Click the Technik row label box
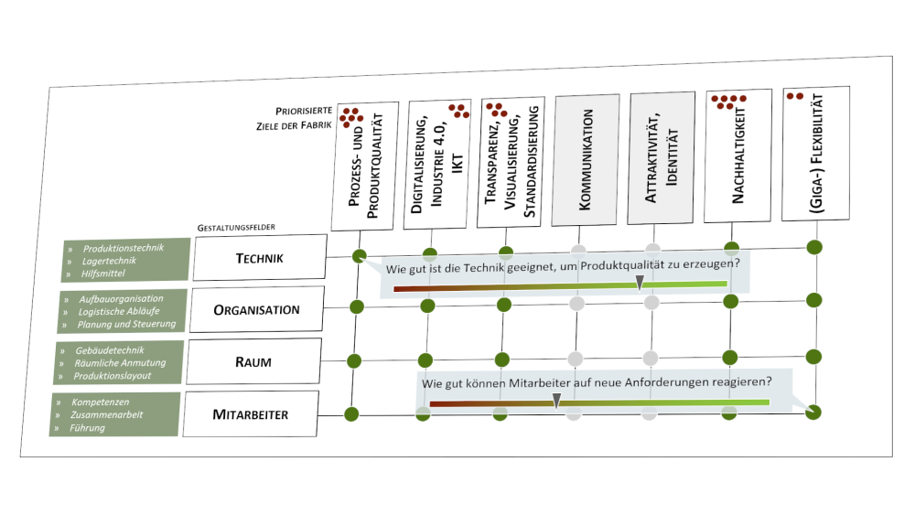point(259,257)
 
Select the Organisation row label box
point(256,309)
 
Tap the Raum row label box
point(253,361)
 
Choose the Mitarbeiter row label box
point(250,414)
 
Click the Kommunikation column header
point(587,160)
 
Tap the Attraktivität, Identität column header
point(662,159)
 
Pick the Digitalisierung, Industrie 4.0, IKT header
point(438,164)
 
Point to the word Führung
point(87,427)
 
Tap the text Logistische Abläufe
point(119,312)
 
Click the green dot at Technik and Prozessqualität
point(360,257)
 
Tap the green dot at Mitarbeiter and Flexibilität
point(813,412)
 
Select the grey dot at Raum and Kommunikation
point(576,358)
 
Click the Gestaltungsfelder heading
point(236,226)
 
